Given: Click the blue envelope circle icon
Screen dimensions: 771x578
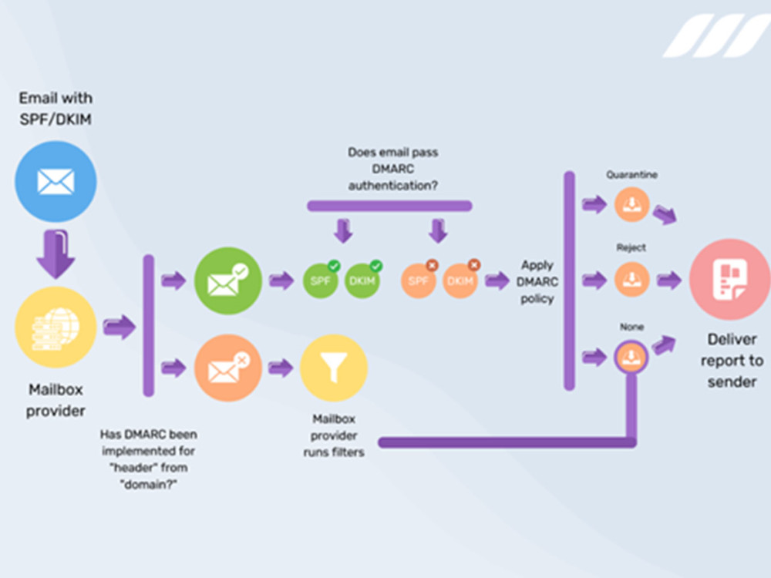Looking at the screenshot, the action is point(56,181).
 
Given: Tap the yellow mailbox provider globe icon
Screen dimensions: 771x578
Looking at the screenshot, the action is point(56,328).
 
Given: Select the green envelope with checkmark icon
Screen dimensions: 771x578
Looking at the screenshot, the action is point(228,281).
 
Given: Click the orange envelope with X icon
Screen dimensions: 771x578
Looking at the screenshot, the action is point(228,368).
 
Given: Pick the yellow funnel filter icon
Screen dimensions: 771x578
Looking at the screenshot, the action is point(334,368).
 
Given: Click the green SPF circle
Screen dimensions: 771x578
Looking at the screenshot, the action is point(321,281).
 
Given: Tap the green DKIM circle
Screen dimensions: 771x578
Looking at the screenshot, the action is point(362,281).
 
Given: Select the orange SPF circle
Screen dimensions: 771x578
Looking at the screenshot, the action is point(419,281).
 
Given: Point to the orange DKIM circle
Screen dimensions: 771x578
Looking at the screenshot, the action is point(460,281).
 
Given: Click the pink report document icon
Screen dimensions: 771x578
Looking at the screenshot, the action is point(730,279).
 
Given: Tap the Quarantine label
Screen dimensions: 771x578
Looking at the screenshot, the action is point(632,175).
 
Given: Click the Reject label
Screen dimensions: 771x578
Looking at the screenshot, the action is point(631,247).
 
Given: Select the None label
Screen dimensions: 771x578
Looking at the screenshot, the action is point(632,327).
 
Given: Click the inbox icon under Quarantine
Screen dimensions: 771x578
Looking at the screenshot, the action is point(632,204).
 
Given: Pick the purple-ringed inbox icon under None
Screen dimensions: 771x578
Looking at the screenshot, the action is point(631,357).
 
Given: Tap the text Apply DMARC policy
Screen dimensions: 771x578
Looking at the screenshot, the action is point(537,281).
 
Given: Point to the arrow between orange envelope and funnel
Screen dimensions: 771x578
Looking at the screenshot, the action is point(281,368).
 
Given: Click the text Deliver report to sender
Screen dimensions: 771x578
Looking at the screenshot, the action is point(732,360).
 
